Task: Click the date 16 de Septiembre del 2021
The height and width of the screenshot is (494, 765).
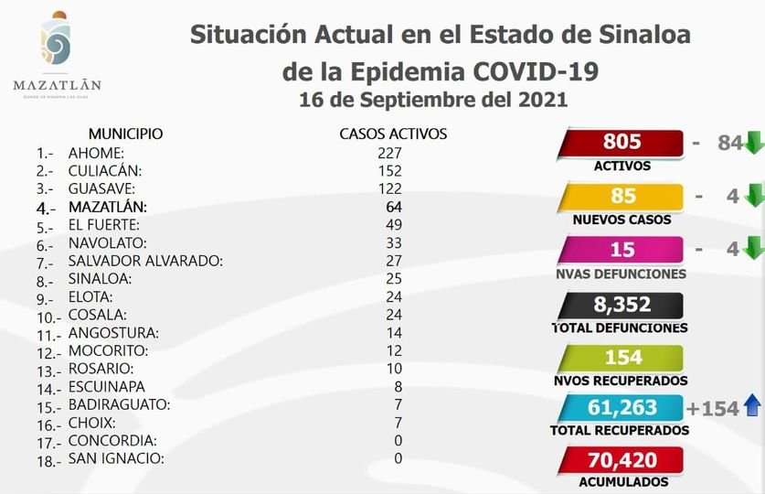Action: coord(433,100)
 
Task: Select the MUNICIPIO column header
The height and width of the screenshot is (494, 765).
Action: coord(125,134)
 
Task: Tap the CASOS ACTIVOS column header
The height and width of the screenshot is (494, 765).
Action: coord(393,134)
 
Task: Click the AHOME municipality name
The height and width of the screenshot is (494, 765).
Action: coord(96,153)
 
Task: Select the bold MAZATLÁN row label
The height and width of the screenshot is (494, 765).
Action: coord(107,207)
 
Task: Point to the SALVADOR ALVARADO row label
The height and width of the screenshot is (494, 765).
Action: coord(145,261)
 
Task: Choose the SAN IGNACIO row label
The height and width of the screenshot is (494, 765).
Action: coord(115,458)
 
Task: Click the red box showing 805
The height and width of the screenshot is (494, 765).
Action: coord(622,143)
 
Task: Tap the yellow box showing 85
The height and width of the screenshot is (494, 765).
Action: coord(622,197)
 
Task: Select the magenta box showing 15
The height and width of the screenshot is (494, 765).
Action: coord(622,250)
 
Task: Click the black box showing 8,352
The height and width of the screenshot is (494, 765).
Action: coord(622,304)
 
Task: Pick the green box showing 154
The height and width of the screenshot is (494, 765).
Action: coord(622,357)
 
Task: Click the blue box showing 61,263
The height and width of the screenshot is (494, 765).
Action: coord(622,409)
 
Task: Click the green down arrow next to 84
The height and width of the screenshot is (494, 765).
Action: coord(753,144)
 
